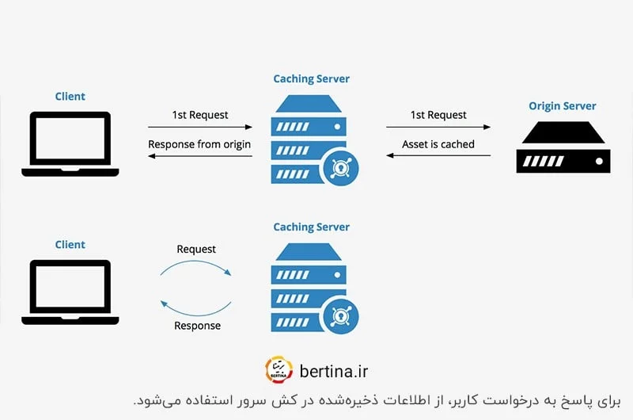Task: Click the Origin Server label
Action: (x=563, y=106)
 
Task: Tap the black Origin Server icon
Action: (x=563, y=147)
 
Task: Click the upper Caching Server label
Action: (x=311, y=79)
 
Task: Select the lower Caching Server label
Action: (x=311, y=227)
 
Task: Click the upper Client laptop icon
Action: (x=70, y=143)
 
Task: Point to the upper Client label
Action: (x=70, y=97)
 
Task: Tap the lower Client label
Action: (x=70, y=245)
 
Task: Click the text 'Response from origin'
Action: (x=199, y=144)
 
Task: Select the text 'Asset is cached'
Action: (x=438, y=144)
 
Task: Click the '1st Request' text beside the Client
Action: (x=200, y=115)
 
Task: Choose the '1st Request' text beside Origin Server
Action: (x=438, y=115)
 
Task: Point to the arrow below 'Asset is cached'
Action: (x=438, y=155)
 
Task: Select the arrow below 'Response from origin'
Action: (x=200, y=155)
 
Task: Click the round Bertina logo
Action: (x=278, y=370)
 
